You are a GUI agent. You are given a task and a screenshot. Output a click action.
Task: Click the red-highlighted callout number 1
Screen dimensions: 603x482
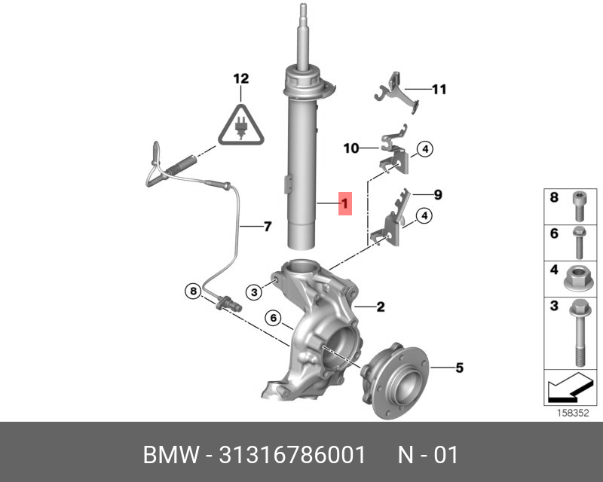coord(345,203)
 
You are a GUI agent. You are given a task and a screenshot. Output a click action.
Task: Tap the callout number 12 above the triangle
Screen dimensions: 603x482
coord(241,79)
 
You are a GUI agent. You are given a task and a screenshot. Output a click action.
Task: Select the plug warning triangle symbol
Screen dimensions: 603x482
coord(241,125)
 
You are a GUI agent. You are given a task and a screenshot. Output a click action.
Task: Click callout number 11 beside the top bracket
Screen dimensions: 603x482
coord(439,90)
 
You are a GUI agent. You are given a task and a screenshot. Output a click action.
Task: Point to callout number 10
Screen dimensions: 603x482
coord(351,148)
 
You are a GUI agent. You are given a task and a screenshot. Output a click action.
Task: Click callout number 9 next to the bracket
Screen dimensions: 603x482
coord(438,194)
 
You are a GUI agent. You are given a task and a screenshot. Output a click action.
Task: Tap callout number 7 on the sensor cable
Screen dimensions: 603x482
coord(268,227)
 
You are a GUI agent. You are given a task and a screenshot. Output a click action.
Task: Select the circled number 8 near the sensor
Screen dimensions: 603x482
coord(193,291)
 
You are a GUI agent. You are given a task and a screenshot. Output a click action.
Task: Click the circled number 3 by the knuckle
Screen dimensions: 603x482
coord(254,292)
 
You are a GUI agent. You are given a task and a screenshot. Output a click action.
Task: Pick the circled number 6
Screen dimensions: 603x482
coord(273,318)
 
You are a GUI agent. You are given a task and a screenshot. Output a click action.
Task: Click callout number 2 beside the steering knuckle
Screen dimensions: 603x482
coord(381,307)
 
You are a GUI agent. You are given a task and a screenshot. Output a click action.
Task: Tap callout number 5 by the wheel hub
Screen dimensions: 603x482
coord(460,368)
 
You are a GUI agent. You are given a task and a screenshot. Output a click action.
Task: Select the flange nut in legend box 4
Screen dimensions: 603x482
coord(578,279)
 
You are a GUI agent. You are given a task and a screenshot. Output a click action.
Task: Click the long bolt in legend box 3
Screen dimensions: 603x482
coord(580,333)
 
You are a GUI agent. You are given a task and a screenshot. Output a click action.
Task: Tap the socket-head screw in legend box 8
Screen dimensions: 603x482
coord(580,206)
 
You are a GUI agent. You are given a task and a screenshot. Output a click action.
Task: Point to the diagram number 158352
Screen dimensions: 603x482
coord(573,413)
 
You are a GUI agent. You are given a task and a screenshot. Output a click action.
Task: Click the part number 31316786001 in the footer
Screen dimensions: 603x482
coord(292,455)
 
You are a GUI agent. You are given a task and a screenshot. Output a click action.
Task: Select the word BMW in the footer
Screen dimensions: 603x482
coord(172,455)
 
